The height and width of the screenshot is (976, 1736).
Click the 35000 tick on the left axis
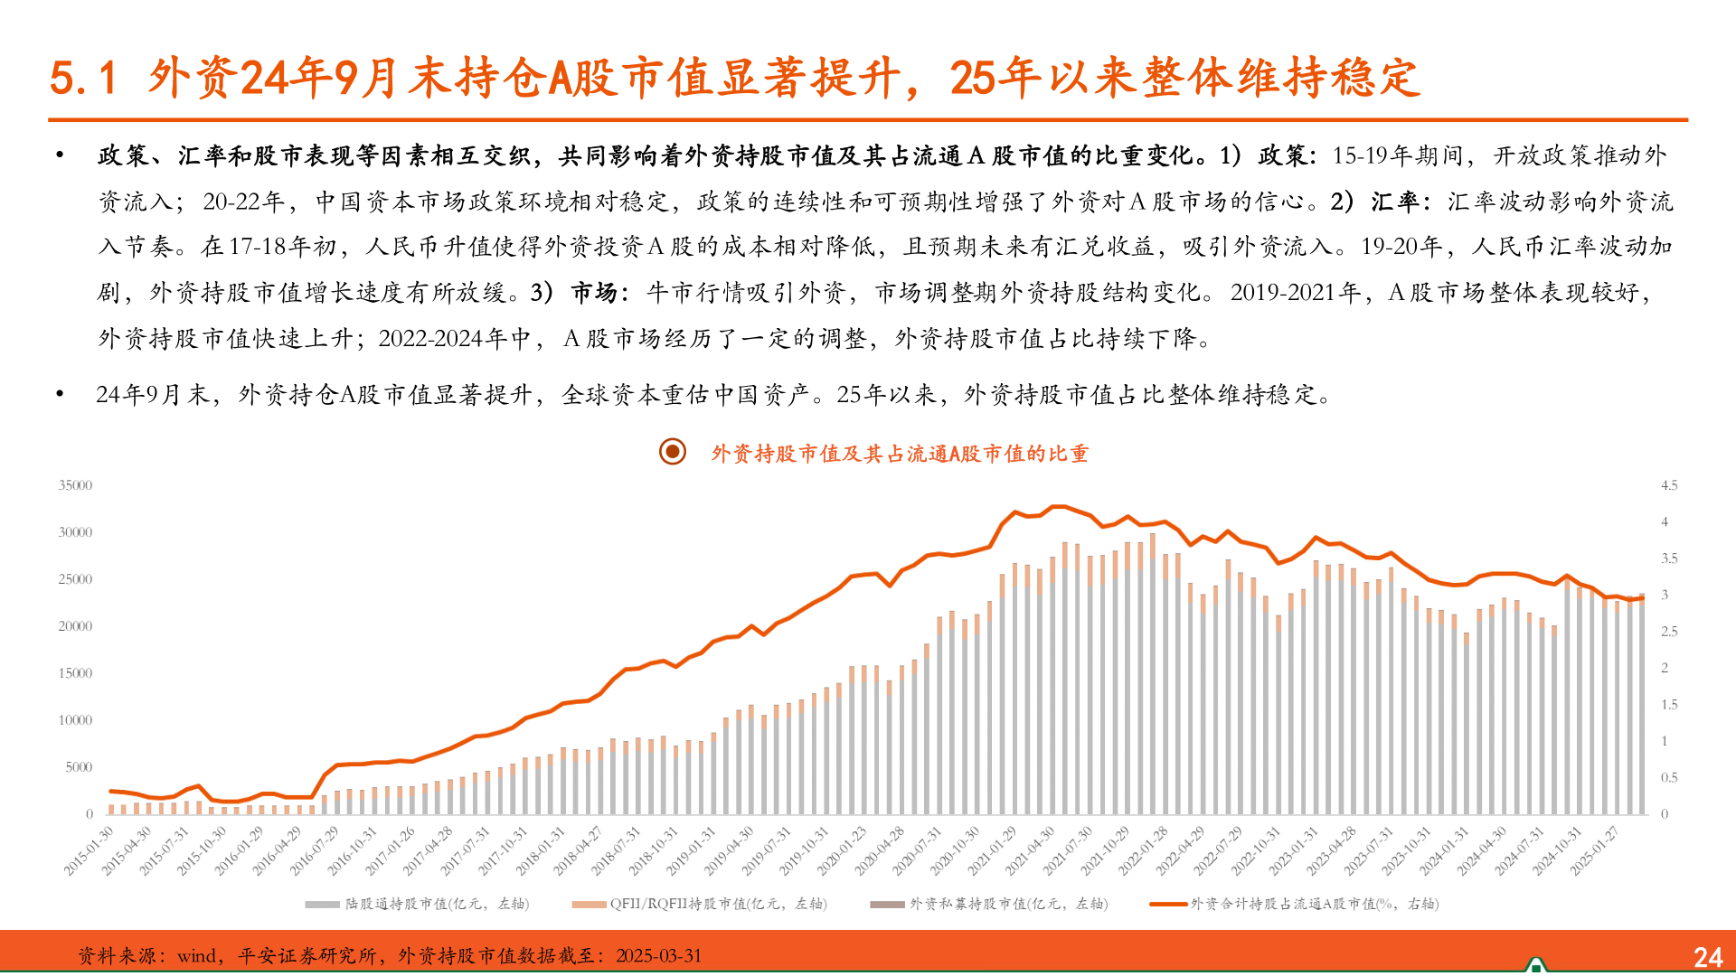75,486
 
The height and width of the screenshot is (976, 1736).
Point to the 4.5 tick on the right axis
1669,486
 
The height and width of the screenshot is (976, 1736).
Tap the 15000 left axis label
75,674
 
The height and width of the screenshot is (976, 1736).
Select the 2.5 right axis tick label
1669,632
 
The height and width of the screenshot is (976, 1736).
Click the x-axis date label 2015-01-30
90,850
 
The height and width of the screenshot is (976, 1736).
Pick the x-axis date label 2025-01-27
1595,850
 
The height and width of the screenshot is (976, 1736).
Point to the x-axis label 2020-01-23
843,850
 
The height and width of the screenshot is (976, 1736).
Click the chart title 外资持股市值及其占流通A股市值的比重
900,454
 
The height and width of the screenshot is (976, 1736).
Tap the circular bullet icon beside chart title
673,451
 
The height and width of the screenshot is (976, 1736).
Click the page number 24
1708,957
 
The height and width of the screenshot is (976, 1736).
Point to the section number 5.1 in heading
84,78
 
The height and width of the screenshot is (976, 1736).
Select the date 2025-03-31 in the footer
658,956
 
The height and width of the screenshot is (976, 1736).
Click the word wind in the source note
196,956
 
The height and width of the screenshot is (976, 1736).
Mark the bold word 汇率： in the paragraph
1401,202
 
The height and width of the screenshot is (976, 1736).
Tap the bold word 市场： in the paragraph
596,293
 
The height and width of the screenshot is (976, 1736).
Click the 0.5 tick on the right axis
1669,778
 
